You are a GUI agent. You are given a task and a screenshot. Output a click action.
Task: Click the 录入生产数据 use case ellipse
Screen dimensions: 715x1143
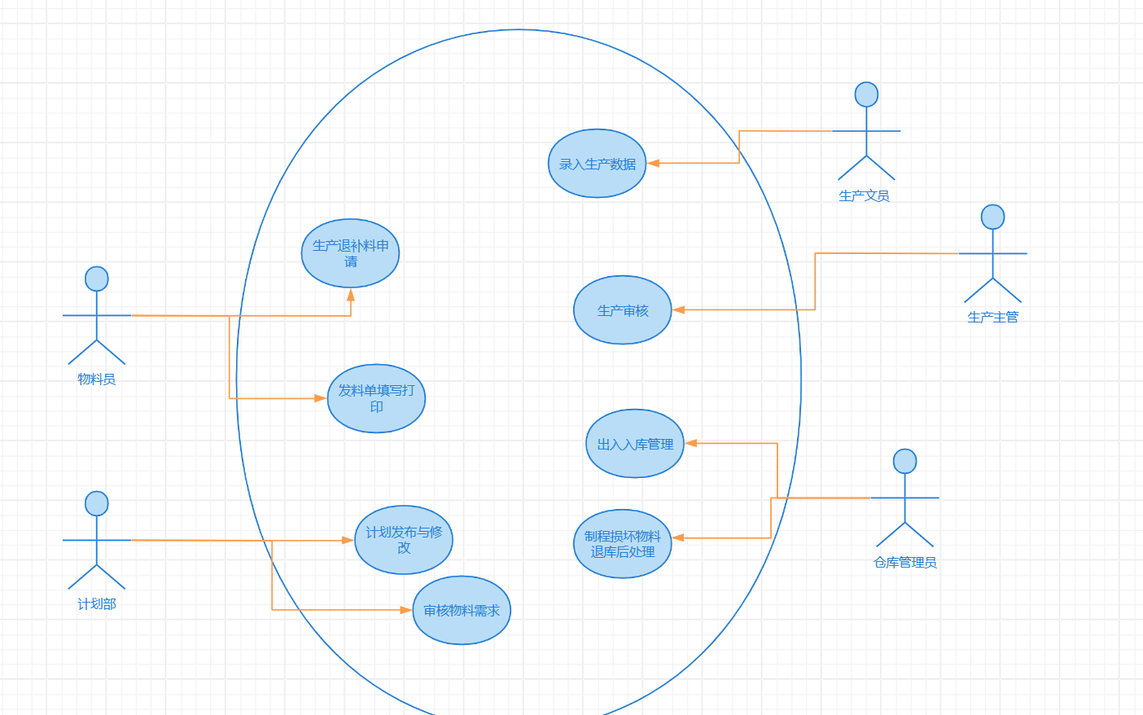pos(597,163)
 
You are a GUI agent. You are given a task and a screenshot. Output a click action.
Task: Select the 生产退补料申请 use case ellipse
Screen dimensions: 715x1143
pos(350,252)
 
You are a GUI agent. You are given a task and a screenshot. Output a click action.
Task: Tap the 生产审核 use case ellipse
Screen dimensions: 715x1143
pos(622,309)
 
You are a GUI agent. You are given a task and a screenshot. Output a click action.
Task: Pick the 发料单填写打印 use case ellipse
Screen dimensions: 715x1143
pos(376,397)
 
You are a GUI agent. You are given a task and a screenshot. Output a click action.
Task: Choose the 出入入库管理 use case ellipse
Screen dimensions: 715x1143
pos(634,443)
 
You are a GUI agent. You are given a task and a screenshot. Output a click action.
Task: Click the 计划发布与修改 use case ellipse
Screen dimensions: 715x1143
pos(403,539)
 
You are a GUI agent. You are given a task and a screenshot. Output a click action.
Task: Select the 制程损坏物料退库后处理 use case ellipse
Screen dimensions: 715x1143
pos(622,543)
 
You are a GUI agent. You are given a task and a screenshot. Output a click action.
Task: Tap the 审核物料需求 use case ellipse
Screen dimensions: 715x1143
pos(461,610)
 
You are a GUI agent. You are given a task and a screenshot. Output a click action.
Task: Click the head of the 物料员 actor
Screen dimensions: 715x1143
pos(97,279)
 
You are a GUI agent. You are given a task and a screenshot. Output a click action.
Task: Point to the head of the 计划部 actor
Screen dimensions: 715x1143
pos(97,503)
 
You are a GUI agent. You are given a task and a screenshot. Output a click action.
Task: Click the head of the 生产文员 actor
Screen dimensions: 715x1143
pos(866,94)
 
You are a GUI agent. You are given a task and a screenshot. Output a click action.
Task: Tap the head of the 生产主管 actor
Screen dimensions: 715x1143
pos(992,217)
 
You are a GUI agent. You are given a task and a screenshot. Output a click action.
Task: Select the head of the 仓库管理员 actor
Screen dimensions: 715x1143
pos(904,461)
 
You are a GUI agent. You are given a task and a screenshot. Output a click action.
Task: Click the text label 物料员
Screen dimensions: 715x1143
pos(97,379)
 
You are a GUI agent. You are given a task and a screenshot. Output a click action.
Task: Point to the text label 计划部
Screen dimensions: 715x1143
pos(97,603)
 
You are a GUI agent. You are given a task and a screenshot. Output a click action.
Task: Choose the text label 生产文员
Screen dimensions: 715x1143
pos(864,195)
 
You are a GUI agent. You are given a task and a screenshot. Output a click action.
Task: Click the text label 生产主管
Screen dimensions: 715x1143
pos(992,317)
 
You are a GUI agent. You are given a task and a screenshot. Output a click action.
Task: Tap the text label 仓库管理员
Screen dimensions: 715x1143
pos(904,562)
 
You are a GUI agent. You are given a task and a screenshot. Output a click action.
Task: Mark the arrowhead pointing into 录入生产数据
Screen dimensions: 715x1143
pos(653,163)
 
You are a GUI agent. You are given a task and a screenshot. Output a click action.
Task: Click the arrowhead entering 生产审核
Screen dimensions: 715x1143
pos(678,309)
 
